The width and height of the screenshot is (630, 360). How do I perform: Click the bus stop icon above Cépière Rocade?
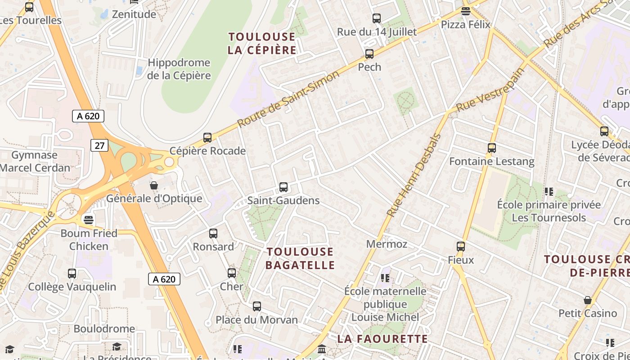(x=207, y=138)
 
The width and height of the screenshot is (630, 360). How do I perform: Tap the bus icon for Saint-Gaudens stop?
(x=283, y=187)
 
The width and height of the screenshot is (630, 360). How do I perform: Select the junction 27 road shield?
(x=99, y=145)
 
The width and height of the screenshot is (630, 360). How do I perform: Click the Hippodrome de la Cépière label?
(x=179, y=69)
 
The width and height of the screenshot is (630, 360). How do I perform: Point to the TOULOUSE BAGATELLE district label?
(x=300, y=258)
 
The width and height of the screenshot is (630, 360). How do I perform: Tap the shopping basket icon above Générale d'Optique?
(x=154, y=185)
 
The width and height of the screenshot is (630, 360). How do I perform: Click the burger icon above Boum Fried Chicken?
(x=89, y=220)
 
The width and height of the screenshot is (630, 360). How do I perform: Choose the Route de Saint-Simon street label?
(x=288, y=99)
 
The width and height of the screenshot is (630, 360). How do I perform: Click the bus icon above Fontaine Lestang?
(x=492, y=148)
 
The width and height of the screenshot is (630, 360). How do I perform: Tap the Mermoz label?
(x=387, y=244)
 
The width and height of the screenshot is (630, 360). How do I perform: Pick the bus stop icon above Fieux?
(x=461, y=247)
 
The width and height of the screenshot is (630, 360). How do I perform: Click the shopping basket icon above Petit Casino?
(x=588, y=300)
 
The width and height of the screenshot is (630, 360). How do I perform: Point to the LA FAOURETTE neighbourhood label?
(x=382, y=339)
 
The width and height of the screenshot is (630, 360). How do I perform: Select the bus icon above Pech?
(x=369, y=54)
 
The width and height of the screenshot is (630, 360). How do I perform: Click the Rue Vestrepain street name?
(x=490, y=91)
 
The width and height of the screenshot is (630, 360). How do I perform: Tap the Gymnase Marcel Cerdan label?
(x=35, y=162)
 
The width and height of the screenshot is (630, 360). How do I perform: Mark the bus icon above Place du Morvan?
(x=257, y=306)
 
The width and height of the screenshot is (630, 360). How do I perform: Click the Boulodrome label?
(x=104, y=329)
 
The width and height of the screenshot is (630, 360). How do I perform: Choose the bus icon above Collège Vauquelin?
(x=72, y=274)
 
